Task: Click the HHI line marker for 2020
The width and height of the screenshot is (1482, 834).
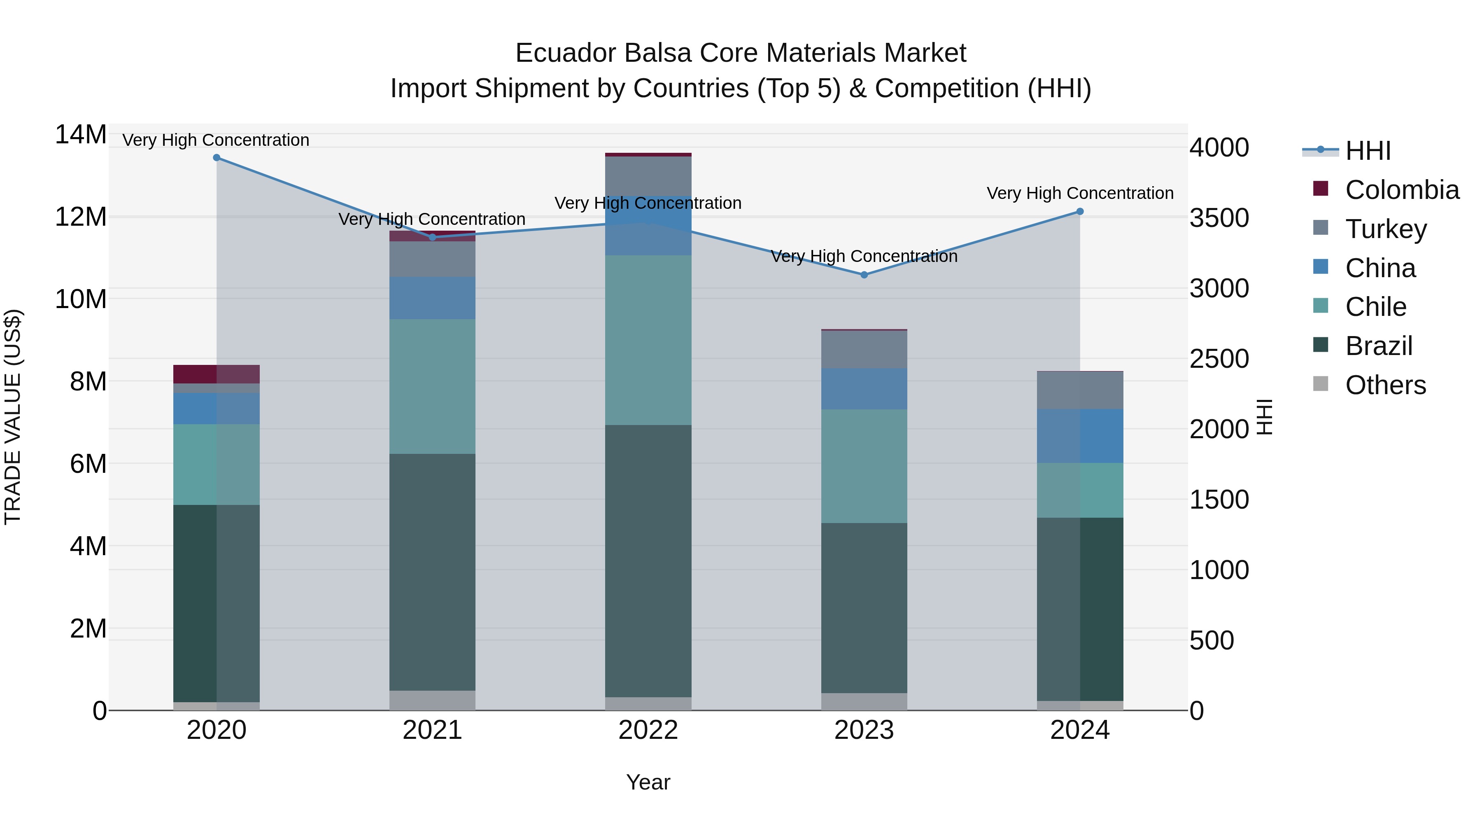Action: [x=216, y=158]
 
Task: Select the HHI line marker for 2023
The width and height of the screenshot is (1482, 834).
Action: [x=864, y=275]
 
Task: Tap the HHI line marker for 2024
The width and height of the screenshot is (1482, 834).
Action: [x=1079, y=212]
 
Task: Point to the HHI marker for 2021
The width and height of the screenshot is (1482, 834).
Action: [x=433, y=237]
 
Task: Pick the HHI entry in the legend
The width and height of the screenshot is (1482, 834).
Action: [x=1368, y=151]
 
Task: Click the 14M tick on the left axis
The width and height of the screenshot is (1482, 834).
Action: [x=81, y=135]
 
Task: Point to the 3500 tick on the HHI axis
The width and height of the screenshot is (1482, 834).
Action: [x=1219, y=218]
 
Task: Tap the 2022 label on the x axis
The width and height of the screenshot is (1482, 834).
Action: [x=648, y=730]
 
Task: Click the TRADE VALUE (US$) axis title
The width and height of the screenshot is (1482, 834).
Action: [x=13, y=417]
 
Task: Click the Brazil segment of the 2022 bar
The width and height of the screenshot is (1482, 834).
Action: [x=648, y=561]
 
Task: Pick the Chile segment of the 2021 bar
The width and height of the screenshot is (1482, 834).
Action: [x=433, y=386]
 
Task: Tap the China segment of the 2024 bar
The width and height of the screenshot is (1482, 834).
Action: [x=1079, y=436]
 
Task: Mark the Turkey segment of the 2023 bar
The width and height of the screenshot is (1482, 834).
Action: [x=864, y=349]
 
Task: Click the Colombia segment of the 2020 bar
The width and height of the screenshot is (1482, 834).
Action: [x=216, y=374]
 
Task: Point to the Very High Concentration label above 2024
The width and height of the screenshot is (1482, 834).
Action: [x=1080, y=194]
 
